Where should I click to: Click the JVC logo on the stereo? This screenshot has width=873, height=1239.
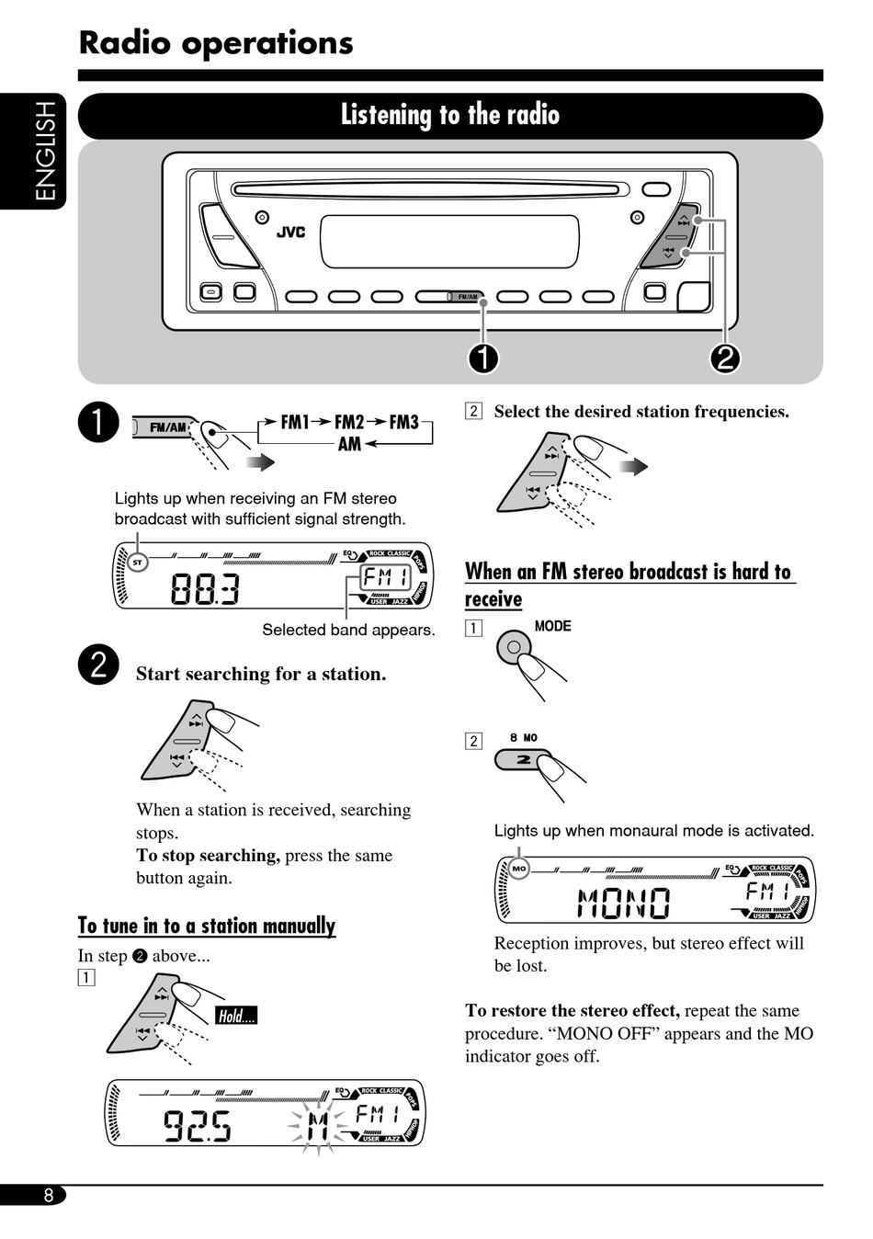[x=290, y=232]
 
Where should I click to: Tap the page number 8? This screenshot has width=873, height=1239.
[x=48, y=1195]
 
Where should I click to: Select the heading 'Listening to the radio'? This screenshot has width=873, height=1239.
[x=450, y=115]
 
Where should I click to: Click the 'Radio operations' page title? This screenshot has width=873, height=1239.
[x=216, y=43]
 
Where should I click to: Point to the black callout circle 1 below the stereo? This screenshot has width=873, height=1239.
[x=483, y=358]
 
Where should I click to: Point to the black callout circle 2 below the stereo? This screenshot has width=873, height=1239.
[x=724, y=358]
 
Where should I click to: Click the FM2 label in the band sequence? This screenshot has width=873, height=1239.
[x=349, y=422]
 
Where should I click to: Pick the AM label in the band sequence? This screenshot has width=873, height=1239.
[x=349, y=444]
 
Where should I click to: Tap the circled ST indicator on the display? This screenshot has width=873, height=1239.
[x=138, y=562]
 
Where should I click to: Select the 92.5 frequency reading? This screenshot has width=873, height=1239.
[x=197, y=1125]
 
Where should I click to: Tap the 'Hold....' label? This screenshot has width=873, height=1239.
[x=236, y=1016]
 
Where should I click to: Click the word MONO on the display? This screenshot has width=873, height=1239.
[x=624, y=904]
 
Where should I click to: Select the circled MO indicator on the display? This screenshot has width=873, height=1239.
[x=519, y=869]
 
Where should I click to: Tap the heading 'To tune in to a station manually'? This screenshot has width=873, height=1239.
[x=207, y=926]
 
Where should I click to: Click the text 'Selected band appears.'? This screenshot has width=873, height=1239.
[x=348, y=630]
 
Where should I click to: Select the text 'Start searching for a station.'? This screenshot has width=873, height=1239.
[x=261, y=674]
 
